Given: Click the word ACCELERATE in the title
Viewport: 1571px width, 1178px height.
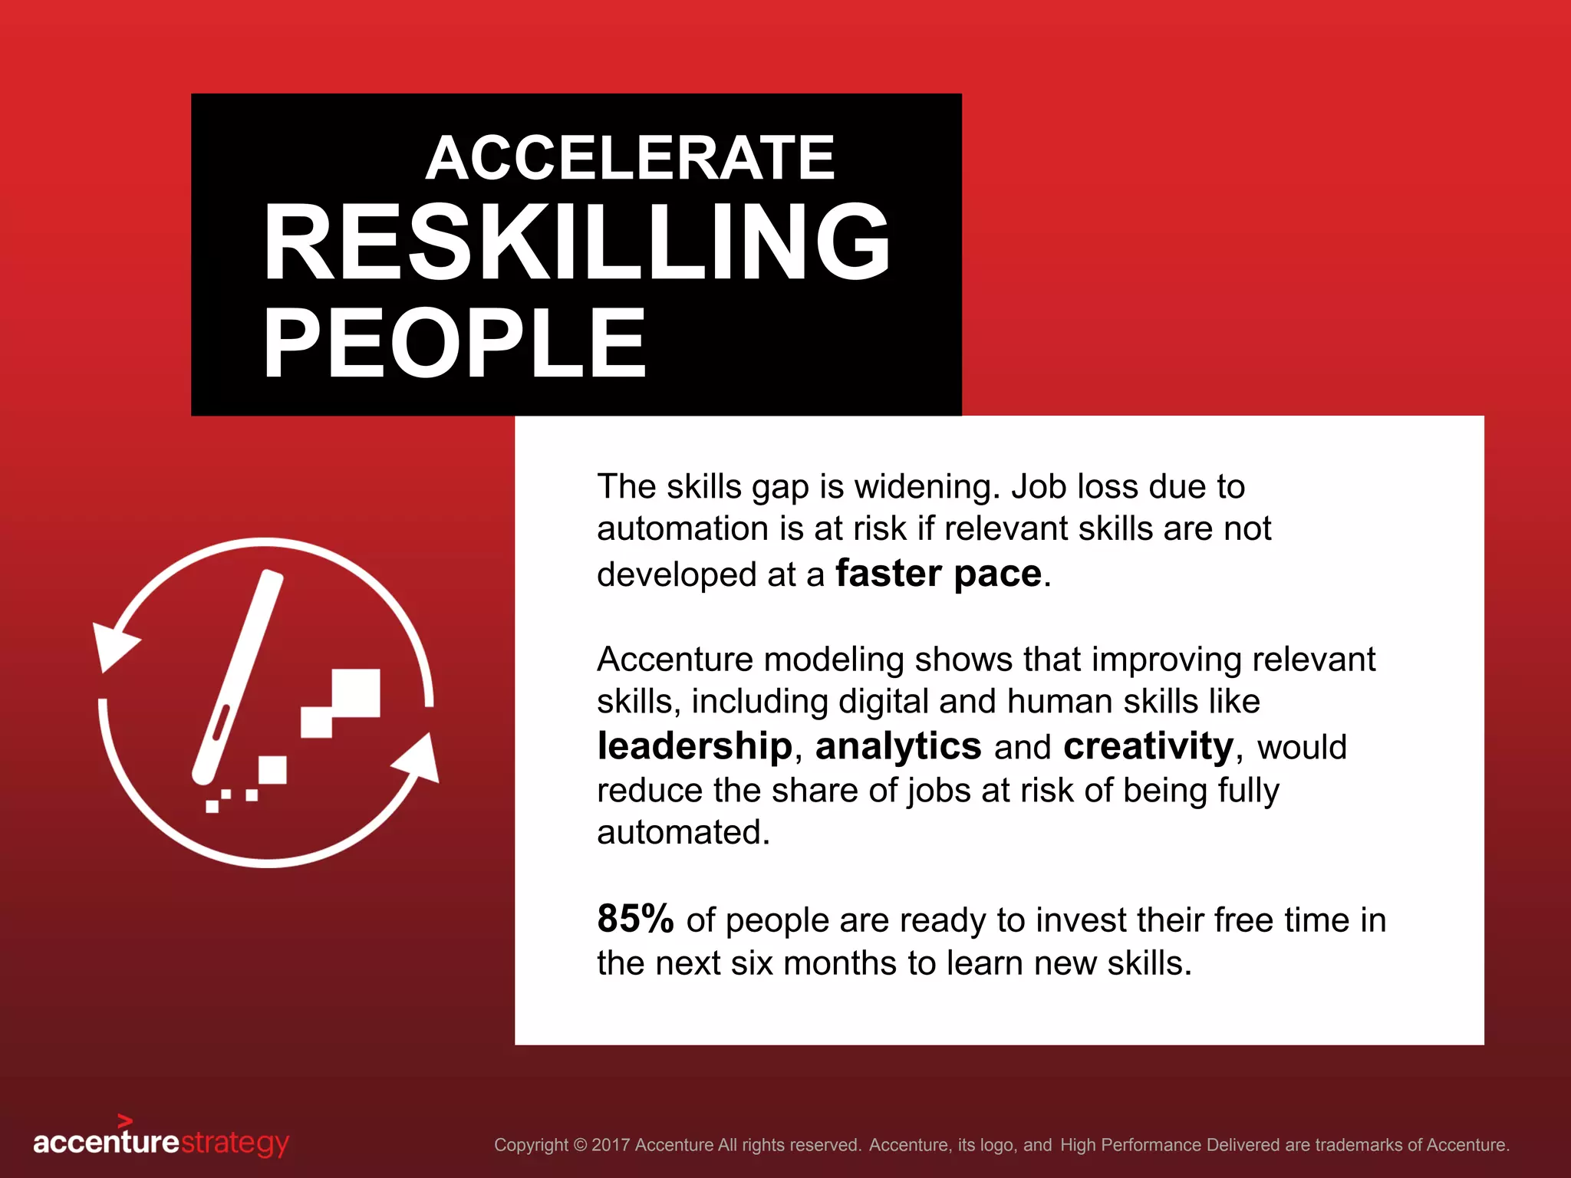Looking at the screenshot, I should click(630, 158).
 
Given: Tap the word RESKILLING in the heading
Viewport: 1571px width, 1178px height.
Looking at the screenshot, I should click(577, 243).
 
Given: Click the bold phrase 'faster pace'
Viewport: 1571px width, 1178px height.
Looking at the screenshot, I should click(938, 574).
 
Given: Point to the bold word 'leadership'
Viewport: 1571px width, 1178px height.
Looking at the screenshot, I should click(694, 746).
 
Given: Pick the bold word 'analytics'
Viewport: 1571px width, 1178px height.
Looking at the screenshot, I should click(897, 746).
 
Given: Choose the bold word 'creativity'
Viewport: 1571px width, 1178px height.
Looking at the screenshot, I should click(1148, 746).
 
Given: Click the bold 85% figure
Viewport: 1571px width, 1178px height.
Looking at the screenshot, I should click(635, 919).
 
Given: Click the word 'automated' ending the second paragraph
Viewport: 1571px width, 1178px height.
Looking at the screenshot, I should click(683, 833).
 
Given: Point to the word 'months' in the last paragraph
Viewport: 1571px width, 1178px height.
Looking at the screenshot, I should click(840, 963).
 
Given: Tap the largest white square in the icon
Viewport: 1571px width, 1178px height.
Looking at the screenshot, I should click(355, 693).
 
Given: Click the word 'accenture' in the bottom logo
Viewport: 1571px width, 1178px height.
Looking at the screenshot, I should click(106, 1142).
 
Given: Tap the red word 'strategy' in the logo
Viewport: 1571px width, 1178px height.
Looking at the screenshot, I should click(235, 1143).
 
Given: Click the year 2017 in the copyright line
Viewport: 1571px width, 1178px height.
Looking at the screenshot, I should click(611, 1145).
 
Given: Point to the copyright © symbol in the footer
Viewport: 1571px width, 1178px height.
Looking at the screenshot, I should click(580, 1145).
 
